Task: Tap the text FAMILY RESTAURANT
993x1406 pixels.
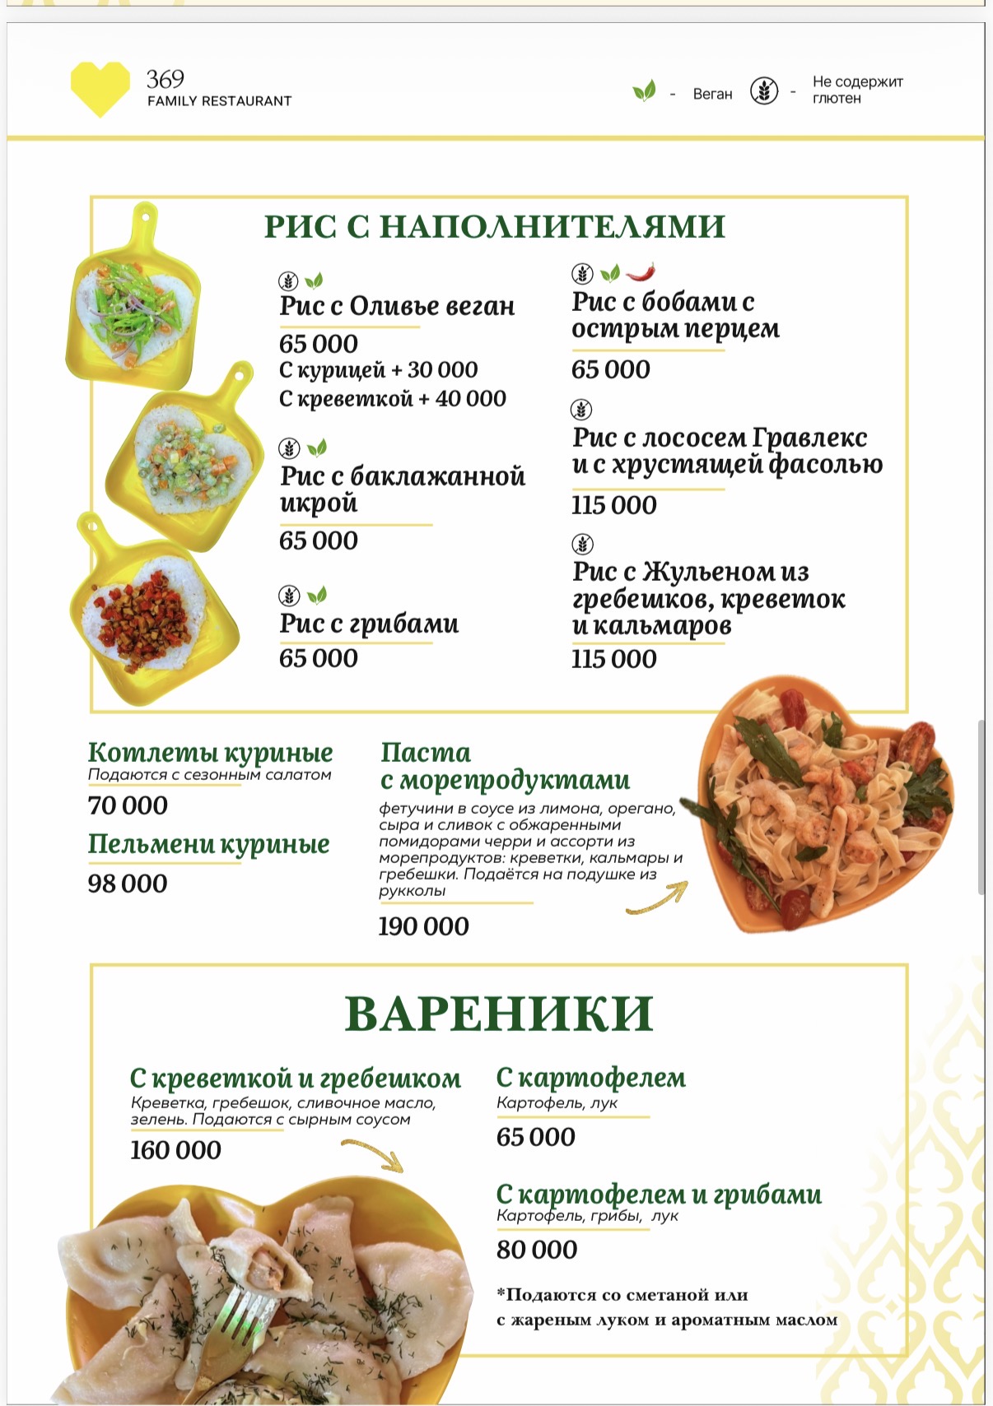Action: tap(219, 101)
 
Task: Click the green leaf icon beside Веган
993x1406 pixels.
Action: tap(644, 90)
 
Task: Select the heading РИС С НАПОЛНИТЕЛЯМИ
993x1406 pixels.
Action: tap(494, 226)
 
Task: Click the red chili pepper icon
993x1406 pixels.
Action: tap(641, 271)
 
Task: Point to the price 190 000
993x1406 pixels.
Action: tap(423, 926)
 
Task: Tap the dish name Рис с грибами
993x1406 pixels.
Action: tap(369, 624)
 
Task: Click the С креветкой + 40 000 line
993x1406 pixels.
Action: tap(392, 399)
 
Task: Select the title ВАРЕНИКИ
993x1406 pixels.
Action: tap(498, 1014)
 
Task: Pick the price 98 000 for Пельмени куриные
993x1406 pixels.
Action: tap(128, 884)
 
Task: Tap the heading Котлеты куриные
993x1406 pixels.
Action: tap(210, 752)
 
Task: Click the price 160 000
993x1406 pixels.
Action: tap(175, 1150)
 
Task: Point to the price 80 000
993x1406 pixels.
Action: tap(537, 1250)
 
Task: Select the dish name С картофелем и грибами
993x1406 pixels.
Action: tap(659, 1194)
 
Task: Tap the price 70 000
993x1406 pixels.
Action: tap(128, 805)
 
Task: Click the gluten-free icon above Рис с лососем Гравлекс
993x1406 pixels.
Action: tap(582, 409)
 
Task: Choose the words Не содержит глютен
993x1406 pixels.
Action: tap(857, 90)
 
